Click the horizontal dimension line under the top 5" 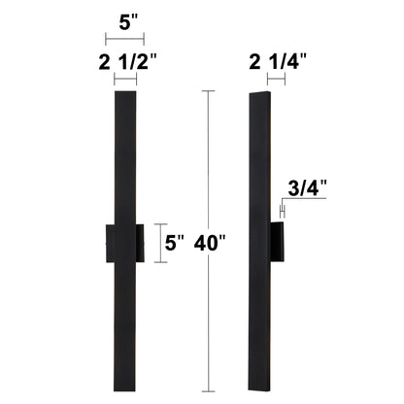click(124, 39)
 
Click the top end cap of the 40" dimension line click(205, 91)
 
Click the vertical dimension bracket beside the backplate click(160, 242)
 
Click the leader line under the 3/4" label click(311, 199)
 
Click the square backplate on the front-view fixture click(124, 242)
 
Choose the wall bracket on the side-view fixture click(279, 243)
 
